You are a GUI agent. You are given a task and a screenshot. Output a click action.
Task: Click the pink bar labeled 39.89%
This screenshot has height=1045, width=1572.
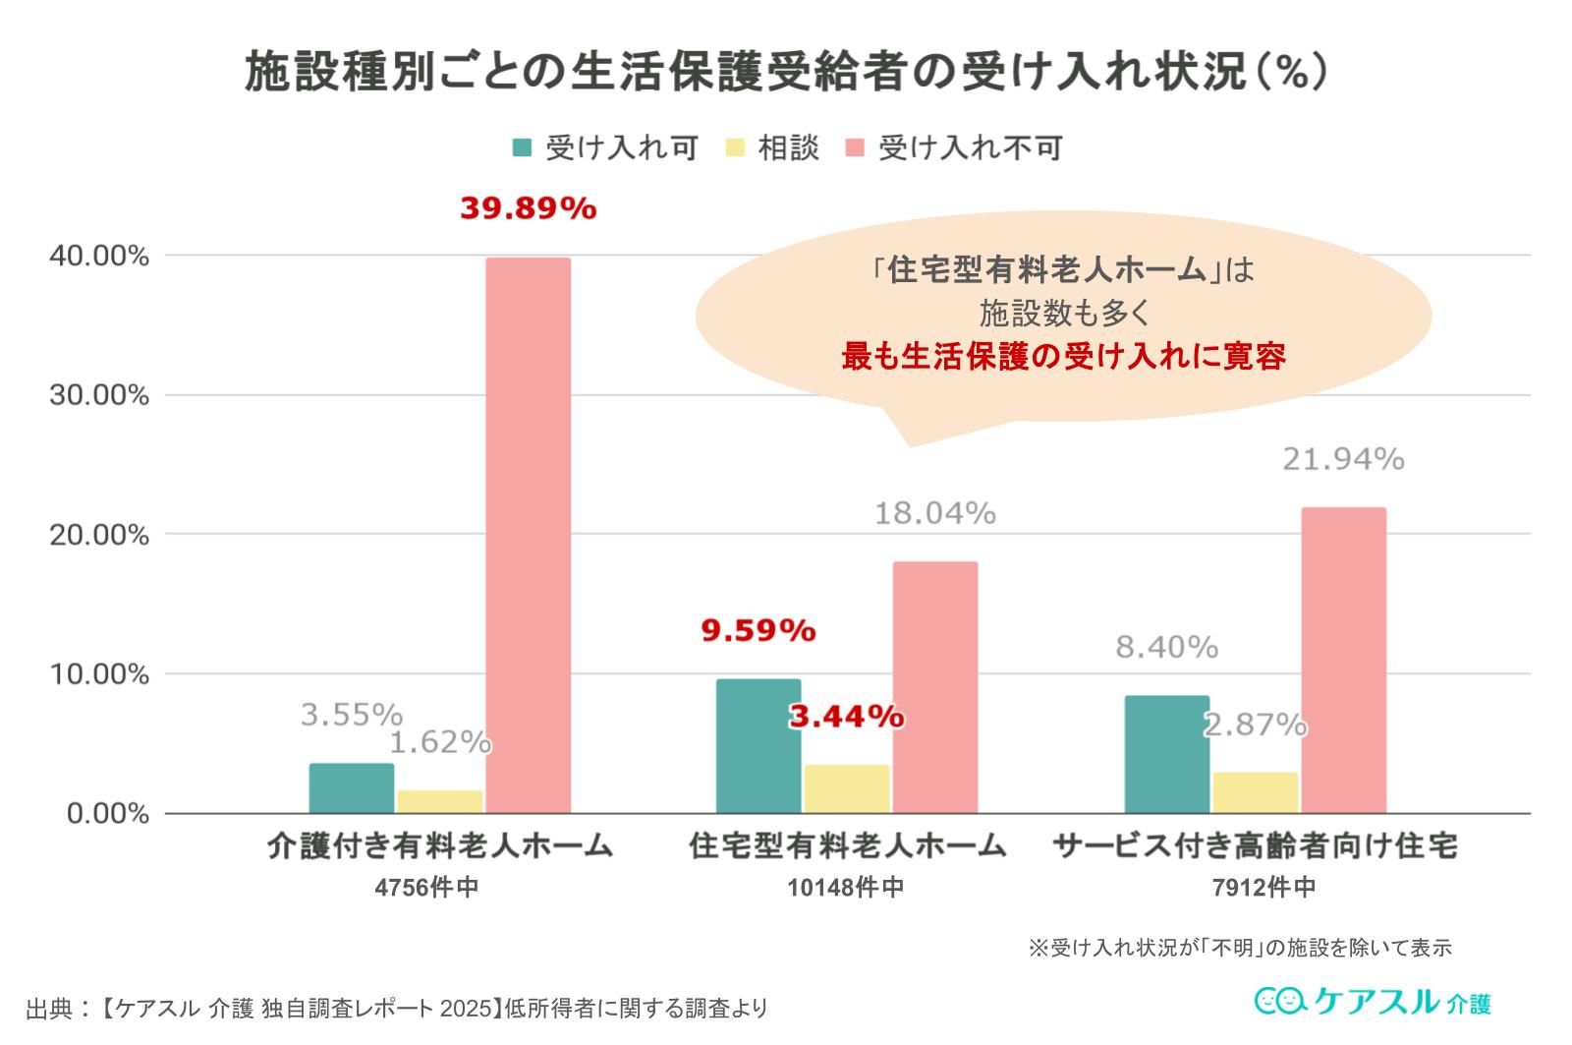(528, 536)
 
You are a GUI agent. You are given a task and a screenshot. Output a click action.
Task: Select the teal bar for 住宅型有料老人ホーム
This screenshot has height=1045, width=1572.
(758, 746)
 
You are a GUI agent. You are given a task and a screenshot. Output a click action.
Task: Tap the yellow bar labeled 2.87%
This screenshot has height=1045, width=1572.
(1255, 792)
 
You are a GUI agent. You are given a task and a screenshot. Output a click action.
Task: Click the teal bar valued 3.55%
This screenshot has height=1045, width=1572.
(351, 788)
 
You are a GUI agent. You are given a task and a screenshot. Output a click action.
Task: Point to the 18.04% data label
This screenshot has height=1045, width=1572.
(935, 513)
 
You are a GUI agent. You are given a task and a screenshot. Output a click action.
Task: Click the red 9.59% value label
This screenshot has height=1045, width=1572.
(758, 630)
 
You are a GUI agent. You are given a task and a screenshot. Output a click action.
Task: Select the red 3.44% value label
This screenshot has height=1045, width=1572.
(846, 717)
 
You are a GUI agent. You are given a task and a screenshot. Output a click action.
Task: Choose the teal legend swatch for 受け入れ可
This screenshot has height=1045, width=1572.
(523, 148)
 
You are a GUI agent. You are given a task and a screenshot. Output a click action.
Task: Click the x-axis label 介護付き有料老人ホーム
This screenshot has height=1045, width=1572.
(439, 846)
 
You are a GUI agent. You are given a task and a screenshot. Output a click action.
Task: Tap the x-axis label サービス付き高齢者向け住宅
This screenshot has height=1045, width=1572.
(1255, 846)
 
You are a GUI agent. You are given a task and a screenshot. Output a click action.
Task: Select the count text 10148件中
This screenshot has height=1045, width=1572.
(845, 888)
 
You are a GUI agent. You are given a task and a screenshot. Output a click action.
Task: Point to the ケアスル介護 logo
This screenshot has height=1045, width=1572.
(1373, 1002)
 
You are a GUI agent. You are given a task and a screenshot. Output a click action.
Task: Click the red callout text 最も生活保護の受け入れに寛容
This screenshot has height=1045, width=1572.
(1063, 357)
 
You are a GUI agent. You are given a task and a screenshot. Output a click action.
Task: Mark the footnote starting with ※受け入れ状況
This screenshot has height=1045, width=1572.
(1240, 948)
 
